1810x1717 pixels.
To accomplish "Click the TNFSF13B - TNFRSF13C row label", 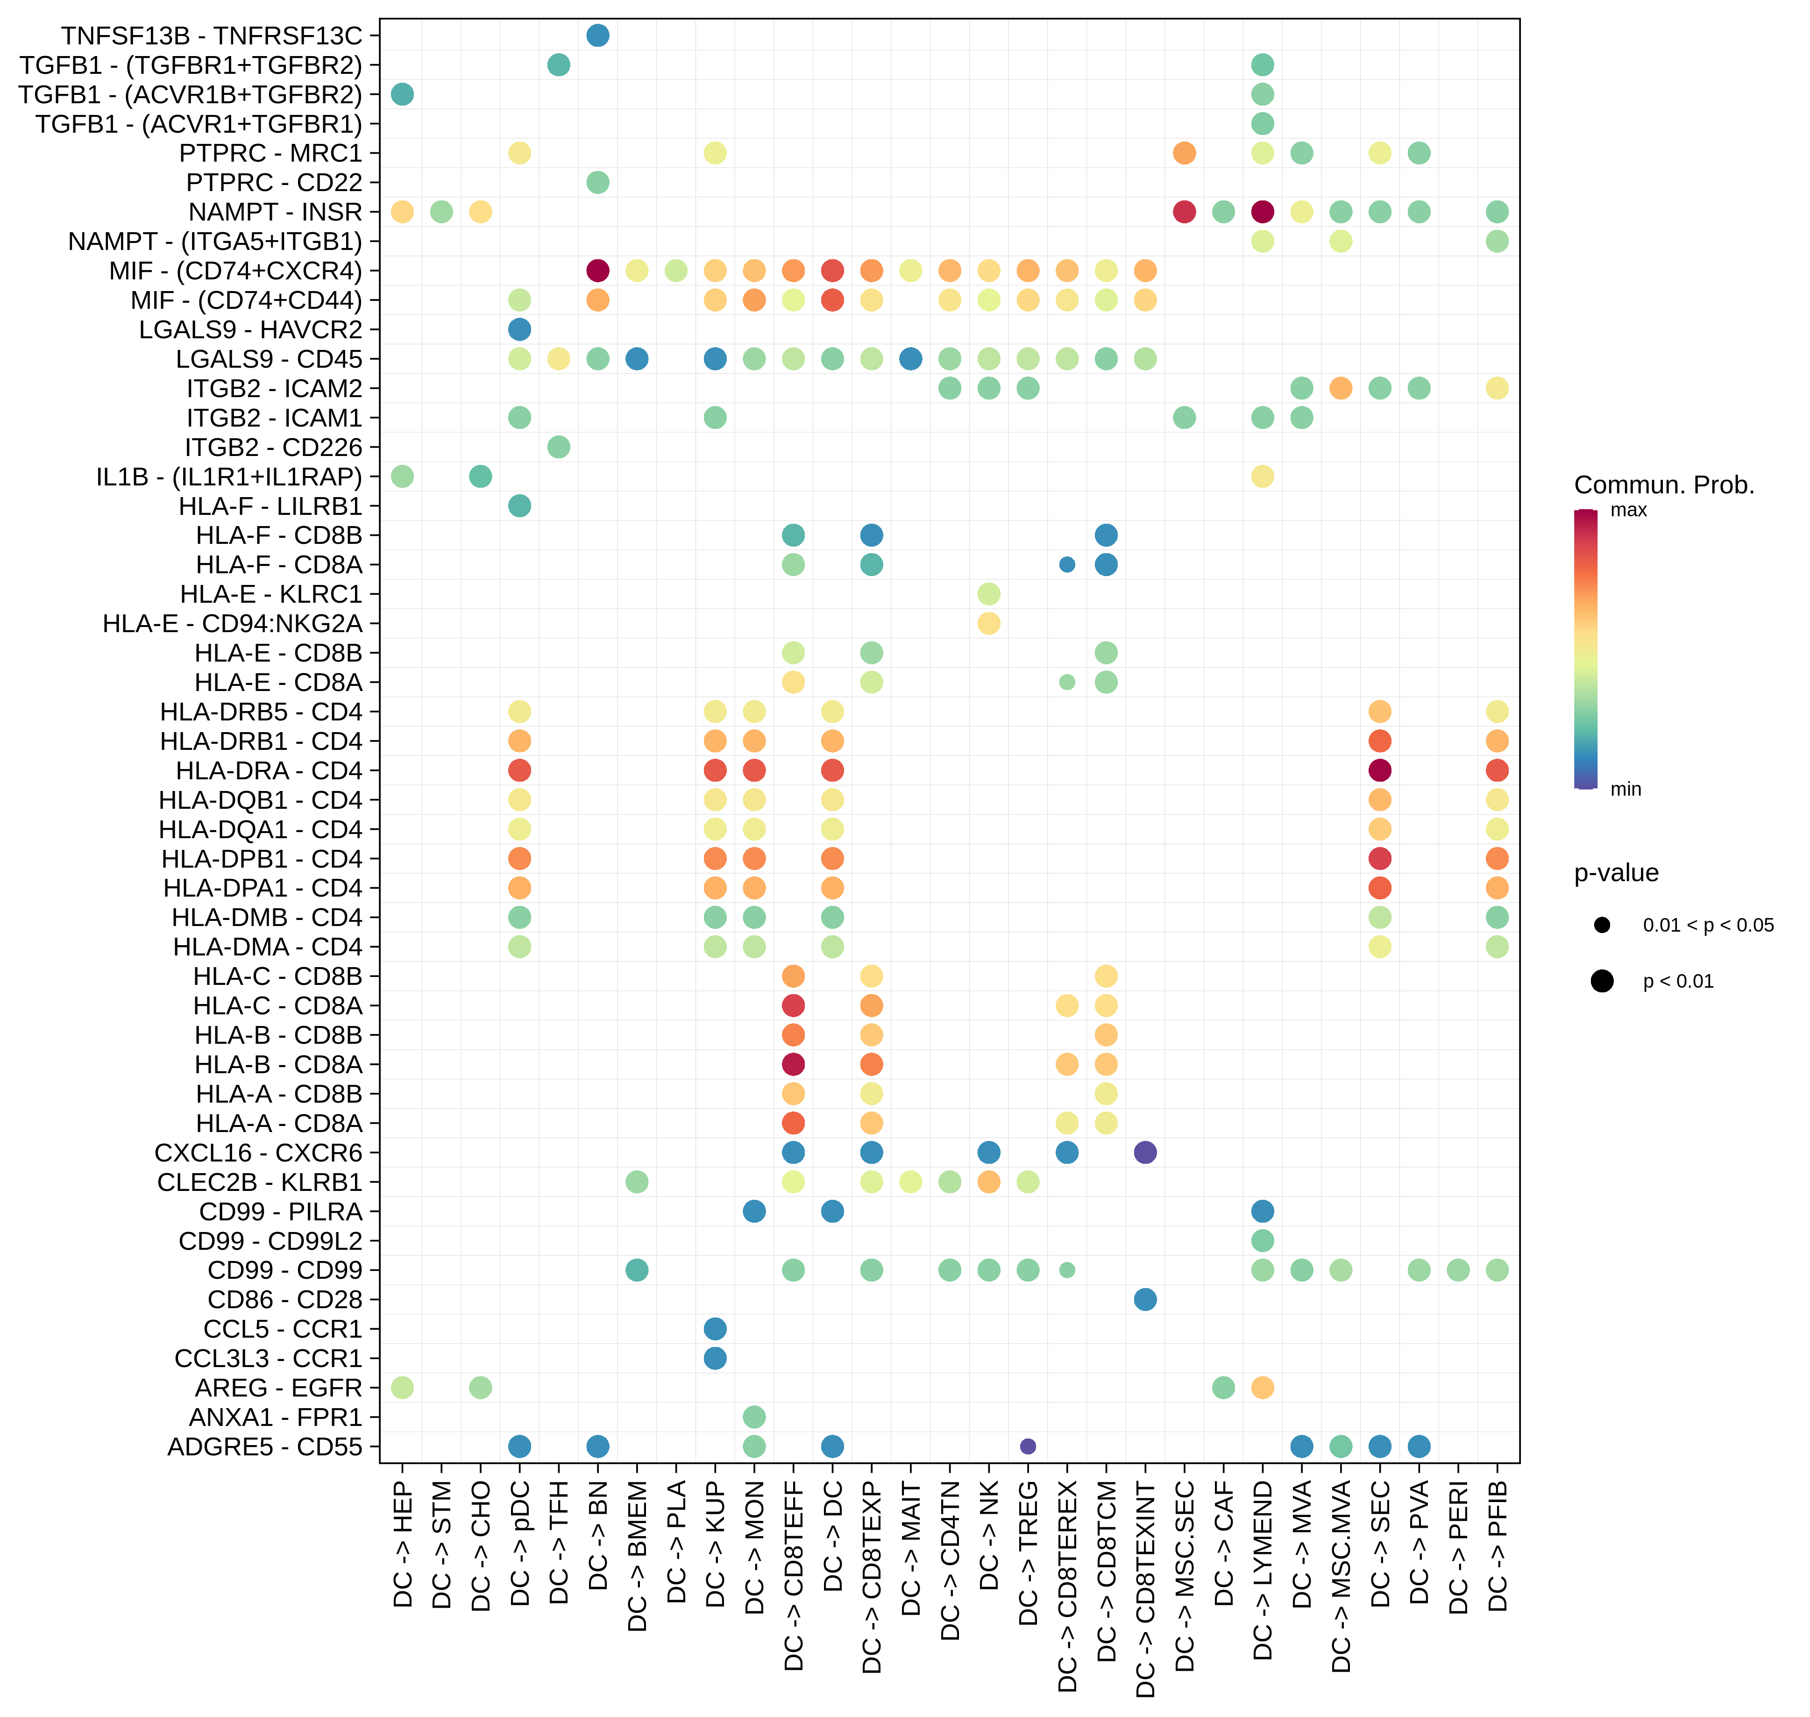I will pyautogui.click(x=212, y=36).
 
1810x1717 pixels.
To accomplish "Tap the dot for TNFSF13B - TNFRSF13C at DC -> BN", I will pyautogui.click(x=597, y=36).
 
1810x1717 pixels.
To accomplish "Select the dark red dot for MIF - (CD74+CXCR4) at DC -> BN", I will pyautogui.click(x=597, y=271).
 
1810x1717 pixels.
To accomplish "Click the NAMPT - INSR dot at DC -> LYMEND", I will pyautogui.click(x=1262, y=212).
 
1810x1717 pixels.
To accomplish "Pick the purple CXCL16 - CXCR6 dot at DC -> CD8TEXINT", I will pyautogui.click(x=1145, y=1152).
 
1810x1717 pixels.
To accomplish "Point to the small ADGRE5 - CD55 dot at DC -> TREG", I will pyautogui.click(x=1028, y=1446).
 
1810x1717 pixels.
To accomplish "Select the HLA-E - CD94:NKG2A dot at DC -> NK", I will pyautogui.click(x=988, y=623).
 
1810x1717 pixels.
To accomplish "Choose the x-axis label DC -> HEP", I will pyautogui.click(x=403, y=1547).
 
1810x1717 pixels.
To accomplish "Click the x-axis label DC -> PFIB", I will pyautogui.click(x=1497, y=1547).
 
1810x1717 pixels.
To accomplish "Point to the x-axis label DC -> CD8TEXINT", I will pyautogui.click(x=1145, y=1588).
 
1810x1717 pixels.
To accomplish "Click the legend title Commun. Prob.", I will pyautogui.click(x=1664, y=485).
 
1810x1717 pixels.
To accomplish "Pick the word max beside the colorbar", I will pyautogui.click(x=1628, y=510).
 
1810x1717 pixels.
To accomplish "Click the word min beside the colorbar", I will pyautogui.click(x=1625, y=789).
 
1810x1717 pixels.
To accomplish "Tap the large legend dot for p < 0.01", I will pyautogui.click(x=1601, y=981).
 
